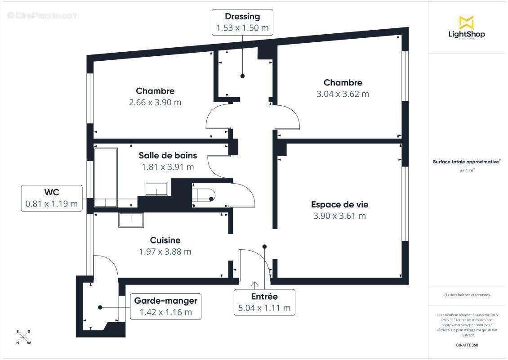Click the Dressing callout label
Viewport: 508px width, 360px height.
pyautogui.click(x=242, y=22)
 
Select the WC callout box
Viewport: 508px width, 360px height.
pyautogui.click(x=52, y=198)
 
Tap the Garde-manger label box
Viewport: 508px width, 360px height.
pyautogui.click(x=165, y=306)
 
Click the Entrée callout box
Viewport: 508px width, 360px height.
pyautogui.click(x=264, y=302)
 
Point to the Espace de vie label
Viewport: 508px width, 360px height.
pyautogui.click(x=339, y=204)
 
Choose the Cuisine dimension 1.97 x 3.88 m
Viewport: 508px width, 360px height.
pyautogui.click(x=165, y=252)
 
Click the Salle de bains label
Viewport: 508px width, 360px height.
pyautogui.click(x=168, y=155)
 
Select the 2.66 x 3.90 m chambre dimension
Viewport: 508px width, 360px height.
pyautogui.click(x=155, y=102)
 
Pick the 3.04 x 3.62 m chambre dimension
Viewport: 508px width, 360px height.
pyautogui.click(x=343, y=94)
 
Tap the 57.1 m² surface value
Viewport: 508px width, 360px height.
pyautogui.click(x=467, y=171)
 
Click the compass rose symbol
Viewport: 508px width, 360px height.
pyautogui.click(x=23, y=337)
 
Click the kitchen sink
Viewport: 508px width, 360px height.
pyautogui.click(x=131, y=219)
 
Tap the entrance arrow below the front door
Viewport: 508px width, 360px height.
pyautogui.click(x=255, y=284)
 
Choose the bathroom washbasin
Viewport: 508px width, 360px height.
pyautogui.click(x=156, y=189)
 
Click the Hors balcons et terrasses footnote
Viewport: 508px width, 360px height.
pyautogui.click(x=467, y=295)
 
